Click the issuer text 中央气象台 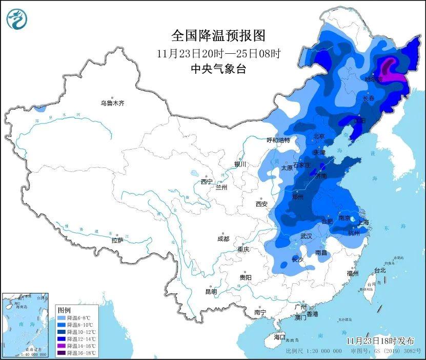pos(218,69)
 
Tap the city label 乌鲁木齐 pos(112,103)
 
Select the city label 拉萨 pos(117,240)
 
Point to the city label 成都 pos(223,239)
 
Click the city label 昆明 pos(211,291)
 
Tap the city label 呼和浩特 pos(278,140)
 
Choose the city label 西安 pos(261,204)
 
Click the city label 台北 pos(379,270)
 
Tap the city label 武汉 pos(306,236)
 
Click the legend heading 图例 pos(64,310)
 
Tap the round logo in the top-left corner pos(16,19)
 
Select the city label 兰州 pos(221,187)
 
